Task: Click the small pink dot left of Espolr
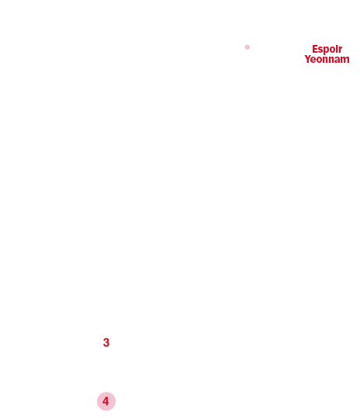[247, 47]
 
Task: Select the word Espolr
[327, 50]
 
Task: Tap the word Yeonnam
[327, 59]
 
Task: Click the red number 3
[106, 343]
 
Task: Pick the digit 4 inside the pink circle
[106, 401]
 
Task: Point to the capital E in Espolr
[315, 49]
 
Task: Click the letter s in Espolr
[320, 50]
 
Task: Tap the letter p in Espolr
[327, 50]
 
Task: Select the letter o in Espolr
[333, 50]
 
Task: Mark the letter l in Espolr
[337, 49]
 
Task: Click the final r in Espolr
[341, 50]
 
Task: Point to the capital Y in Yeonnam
[308, 59]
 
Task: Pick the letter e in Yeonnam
[314, 60]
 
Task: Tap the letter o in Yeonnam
[320, 60]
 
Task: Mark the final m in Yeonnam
[345, 60]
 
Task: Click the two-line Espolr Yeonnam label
[327, 54]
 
